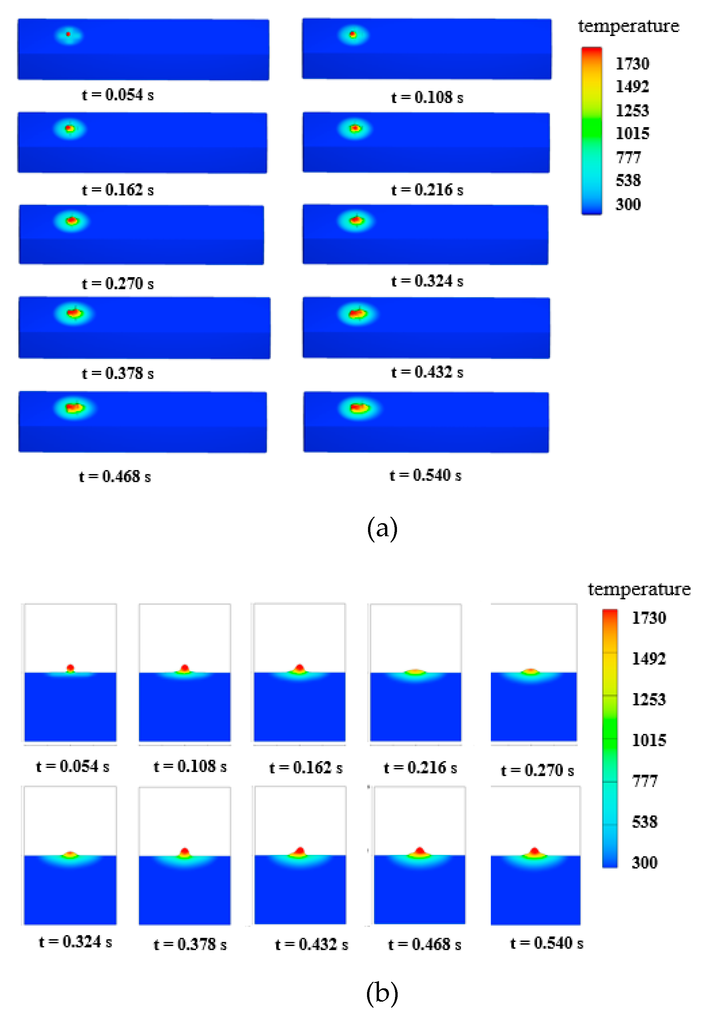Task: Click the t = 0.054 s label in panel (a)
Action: (118, 94)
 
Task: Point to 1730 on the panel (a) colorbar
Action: (632, 63)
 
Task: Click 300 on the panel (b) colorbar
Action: (645, 862)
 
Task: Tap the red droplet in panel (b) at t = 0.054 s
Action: (70, 667)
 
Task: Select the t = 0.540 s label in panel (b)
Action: (547, 943)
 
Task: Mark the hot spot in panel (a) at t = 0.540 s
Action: (358, 408)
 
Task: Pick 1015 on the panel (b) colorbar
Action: (649, 740)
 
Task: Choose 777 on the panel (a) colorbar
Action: (629, 157)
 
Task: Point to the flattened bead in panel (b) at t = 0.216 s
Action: (415, 671)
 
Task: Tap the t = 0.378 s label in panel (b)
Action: (190, 944)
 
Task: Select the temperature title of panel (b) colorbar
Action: (639, 589)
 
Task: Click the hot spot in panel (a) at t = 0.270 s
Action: (72, 221)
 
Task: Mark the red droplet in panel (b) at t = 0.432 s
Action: (300, 851)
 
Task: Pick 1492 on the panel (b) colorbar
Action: (649, 658)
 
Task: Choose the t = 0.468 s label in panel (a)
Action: (115, 476)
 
